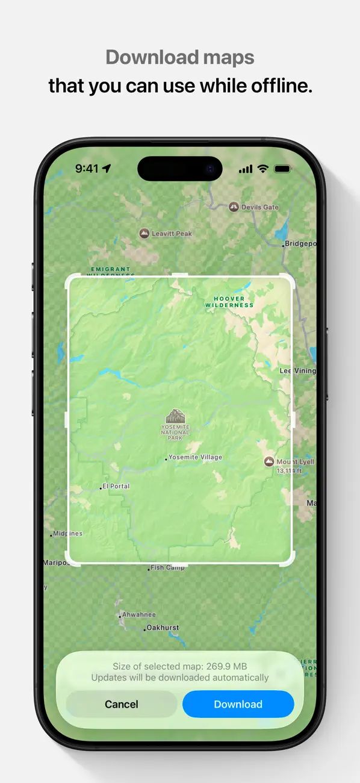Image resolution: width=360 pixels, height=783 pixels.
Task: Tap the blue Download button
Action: [x=238, y=704]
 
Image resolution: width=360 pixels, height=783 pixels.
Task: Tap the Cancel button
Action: [x=122, y=704]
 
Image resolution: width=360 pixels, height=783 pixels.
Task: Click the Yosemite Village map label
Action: [x=195, y=457]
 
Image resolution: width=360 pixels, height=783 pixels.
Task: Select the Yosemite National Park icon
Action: [x=175, y=416]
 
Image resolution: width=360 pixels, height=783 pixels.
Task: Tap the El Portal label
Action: [x=116, y=486]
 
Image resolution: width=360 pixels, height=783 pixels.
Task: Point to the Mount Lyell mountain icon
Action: [x=269, y=462]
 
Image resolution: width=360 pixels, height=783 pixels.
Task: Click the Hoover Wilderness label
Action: [x=229, y=302]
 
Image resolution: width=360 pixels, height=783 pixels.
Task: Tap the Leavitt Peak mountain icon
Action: [x=144, y=233]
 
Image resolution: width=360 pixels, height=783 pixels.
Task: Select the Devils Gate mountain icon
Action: [x=234, y=207]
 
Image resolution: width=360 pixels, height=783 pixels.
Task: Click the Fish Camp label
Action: [x=168, y=567]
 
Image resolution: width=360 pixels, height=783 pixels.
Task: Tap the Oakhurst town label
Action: [x=163, y=628]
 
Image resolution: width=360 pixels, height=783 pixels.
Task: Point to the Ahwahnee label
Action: [x=139, y=615]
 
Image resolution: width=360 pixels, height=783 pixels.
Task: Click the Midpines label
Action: [x=68, y=534]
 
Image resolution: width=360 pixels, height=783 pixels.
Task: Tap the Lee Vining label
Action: [x=297, y=371]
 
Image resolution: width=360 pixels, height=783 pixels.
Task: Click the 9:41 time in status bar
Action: [x=87, y=169]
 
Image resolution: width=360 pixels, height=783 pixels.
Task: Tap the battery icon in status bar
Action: [x=282, y=169]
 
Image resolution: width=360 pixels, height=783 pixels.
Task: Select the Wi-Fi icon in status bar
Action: [x=262, y=169]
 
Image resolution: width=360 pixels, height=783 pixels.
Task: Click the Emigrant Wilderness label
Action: [x=110, y=270]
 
